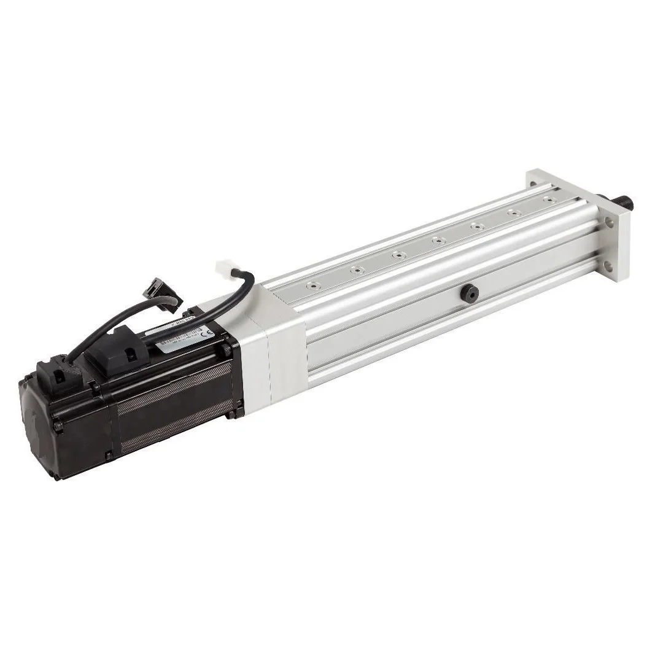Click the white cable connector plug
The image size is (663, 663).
point(225,268)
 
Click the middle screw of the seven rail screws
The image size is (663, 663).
point(438,240)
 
